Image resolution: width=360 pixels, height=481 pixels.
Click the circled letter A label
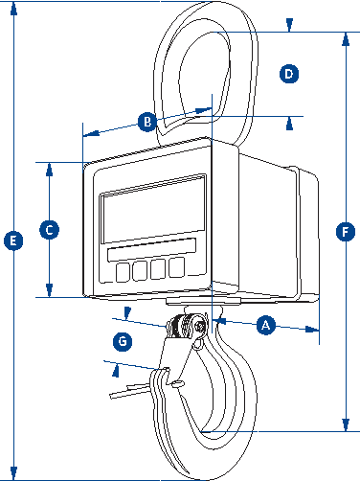[266, 325]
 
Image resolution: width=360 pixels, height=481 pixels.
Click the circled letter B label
[147, 122]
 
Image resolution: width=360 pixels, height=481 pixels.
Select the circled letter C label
[49, 230]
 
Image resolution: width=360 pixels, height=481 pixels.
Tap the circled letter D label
[289, 74]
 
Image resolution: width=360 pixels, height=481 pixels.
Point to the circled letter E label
[13, 240]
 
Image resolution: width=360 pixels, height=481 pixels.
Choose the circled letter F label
[346, 232]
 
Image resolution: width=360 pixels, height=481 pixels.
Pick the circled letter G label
[123, 341]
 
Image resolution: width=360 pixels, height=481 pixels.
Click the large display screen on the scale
[153, 210]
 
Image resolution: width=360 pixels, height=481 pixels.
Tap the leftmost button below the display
[123, 272]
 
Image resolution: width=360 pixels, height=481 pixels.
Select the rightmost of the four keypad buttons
[176, 267]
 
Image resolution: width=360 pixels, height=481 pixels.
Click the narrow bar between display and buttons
[151, 250]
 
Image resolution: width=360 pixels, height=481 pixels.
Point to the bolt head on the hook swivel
[200, 327]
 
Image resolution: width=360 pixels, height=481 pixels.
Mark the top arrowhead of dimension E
[13, 9]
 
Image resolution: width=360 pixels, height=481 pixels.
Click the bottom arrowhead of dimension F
[346, 424]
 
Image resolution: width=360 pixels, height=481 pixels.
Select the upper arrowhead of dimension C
[49, 170]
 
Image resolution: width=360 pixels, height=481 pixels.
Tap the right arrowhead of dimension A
[312, 330]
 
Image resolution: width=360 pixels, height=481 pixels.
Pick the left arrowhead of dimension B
[91, 133]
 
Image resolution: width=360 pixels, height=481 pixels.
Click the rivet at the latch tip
[176, 383]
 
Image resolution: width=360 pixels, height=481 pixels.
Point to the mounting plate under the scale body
[203, 301]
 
